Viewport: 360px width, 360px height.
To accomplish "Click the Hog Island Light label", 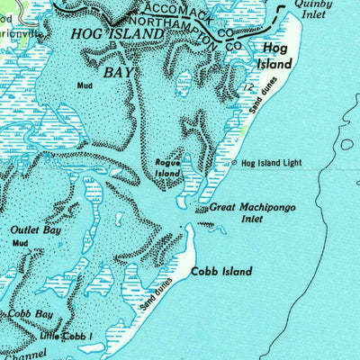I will click(271, 163).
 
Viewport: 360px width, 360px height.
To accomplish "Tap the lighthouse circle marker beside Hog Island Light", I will click(235, 164).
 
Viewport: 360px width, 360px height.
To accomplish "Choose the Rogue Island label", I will click(168, 166).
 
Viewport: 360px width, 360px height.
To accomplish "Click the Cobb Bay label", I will click(31, 314).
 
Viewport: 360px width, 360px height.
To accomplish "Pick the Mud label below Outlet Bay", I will click(21, 243).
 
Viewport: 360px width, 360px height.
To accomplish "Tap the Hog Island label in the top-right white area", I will click(277, 58).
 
